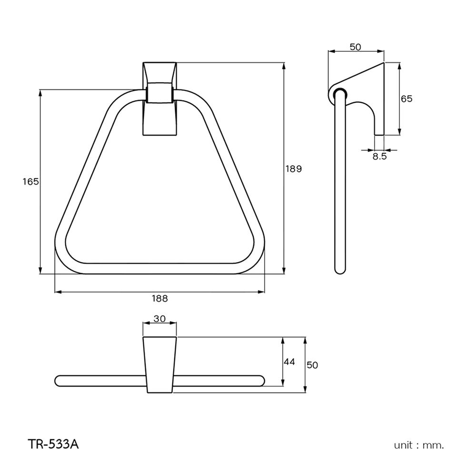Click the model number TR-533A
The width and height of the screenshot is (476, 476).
(x=52, y=445)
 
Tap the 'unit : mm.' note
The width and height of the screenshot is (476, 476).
(x=418, y=446)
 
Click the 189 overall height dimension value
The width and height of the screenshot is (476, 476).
(x=293, y=169)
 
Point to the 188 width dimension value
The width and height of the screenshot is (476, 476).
(x=160, y=298)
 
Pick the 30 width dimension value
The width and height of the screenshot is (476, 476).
(x=159, y=319)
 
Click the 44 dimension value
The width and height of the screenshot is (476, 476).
(x=289, y=362)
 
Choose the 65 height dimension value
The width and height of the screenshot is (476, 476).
(x=407, y=99)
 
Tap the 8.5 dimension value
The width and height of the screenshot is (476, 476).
(x=379, y=156)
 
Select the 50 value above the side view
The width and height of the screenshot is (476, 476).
(x=356, y=47)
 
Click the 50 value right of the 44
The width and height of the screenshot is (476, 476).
(x=312, y=365)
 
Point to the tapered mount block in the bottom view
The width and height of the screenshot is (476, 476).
(x=159, y=365)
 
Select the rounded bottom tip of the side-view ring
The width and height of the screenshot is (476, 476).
(x=340, y=270)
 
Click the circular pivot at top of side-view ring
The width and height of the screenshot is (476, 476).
(x=339, y=93)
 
